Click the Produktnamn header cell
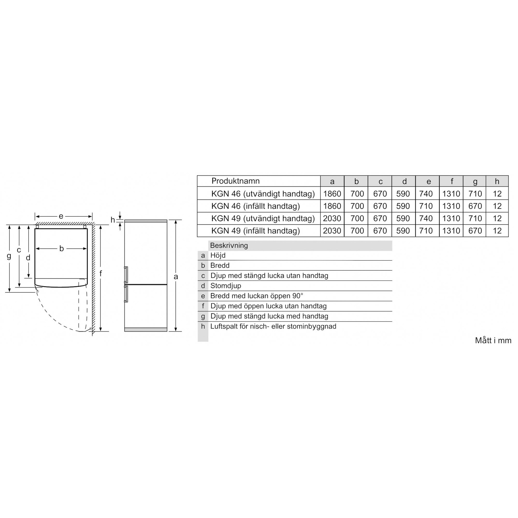coord(235,181)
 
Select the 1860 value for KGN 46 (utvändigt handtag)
coord(332,194)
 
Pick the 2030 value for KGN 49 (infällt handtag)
coord(332,231)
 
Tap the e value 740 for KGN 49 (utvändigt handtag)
coord(426,218)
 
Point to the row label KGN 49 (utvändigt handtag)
coord(263,218)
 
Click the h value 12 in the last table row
coord(497,231)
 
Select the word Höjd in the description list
coord(218,255)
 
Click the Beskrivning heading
coord(229,245)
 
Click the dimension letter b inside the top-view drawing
coord(61,248)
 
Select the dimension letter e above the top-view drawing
coord(61,216)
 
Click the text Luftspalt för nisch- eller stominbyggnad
coord(273,326)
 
